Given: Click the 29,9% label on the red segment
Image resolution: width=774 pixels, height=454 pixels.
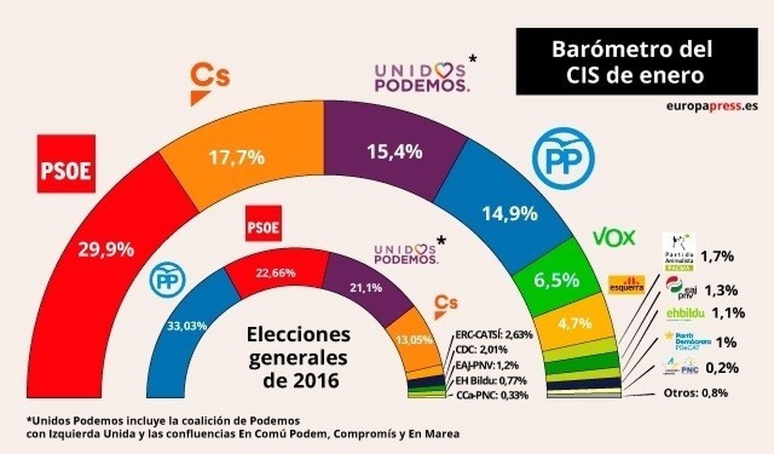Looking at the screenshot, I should [x=106, y=250].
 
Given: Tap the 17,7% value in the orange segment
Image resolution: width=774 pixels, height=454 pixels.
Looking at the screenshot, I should [x=237, y=157].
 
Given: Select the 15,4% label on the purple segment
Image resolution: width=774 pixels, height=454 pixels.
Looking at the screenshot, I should [x=395, y=152].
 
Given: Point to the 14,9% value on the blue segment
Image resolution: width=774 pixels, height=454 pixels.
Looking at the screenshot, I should [x=510, y=213].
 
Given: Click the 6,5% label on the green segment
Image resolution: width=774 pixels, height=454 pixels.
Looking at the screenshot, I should [x=556, y=280].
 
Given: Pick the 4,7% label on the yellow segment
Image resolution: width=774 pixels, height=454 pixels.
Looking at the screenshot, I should [x=575, y=323].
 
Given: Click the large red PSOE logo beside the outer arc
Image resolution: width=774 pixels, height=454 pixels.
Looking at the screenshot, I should [x=66, y=164].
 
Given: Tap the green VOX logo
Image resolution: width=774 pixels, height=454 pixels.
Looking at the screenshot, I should [x=614, y=238].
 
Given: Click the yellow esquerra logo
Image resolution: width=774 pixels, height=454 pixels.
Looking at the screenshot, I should [x=626, y=284].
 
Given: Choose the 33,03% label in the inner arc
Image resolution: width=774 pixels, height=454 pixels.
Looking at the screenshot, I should [x=187, y=326].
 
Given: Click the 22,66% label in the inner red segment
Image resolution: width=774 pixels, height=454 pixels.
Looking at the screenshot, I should [x=276, y=273].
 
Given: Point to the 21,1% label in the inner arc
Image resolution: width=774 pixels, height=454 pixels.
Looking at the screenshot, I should [x=366, y=288].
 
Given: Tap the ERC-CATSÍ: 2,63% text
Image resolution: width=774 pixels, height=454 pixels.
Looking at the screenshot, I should [x=493, y=334].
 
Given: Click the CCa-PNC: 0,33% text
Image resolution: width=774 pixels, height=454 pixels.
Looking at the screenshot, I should [x=491, y=395].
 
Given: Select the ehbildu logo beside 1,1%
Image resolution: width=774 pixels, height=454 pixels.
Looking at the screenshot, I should [x=685, y=314].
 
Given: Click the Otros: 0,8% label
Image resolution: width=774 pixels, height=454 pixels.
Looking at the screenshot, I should [x=695, y=393].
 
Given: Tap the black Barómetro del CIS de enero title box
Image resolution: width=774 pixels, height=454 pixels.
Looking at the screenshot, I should [x=637, y=61].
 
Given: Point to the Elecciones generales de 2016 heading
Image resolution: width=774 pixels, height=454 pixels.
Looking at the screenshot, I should [x=298, y=357].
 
